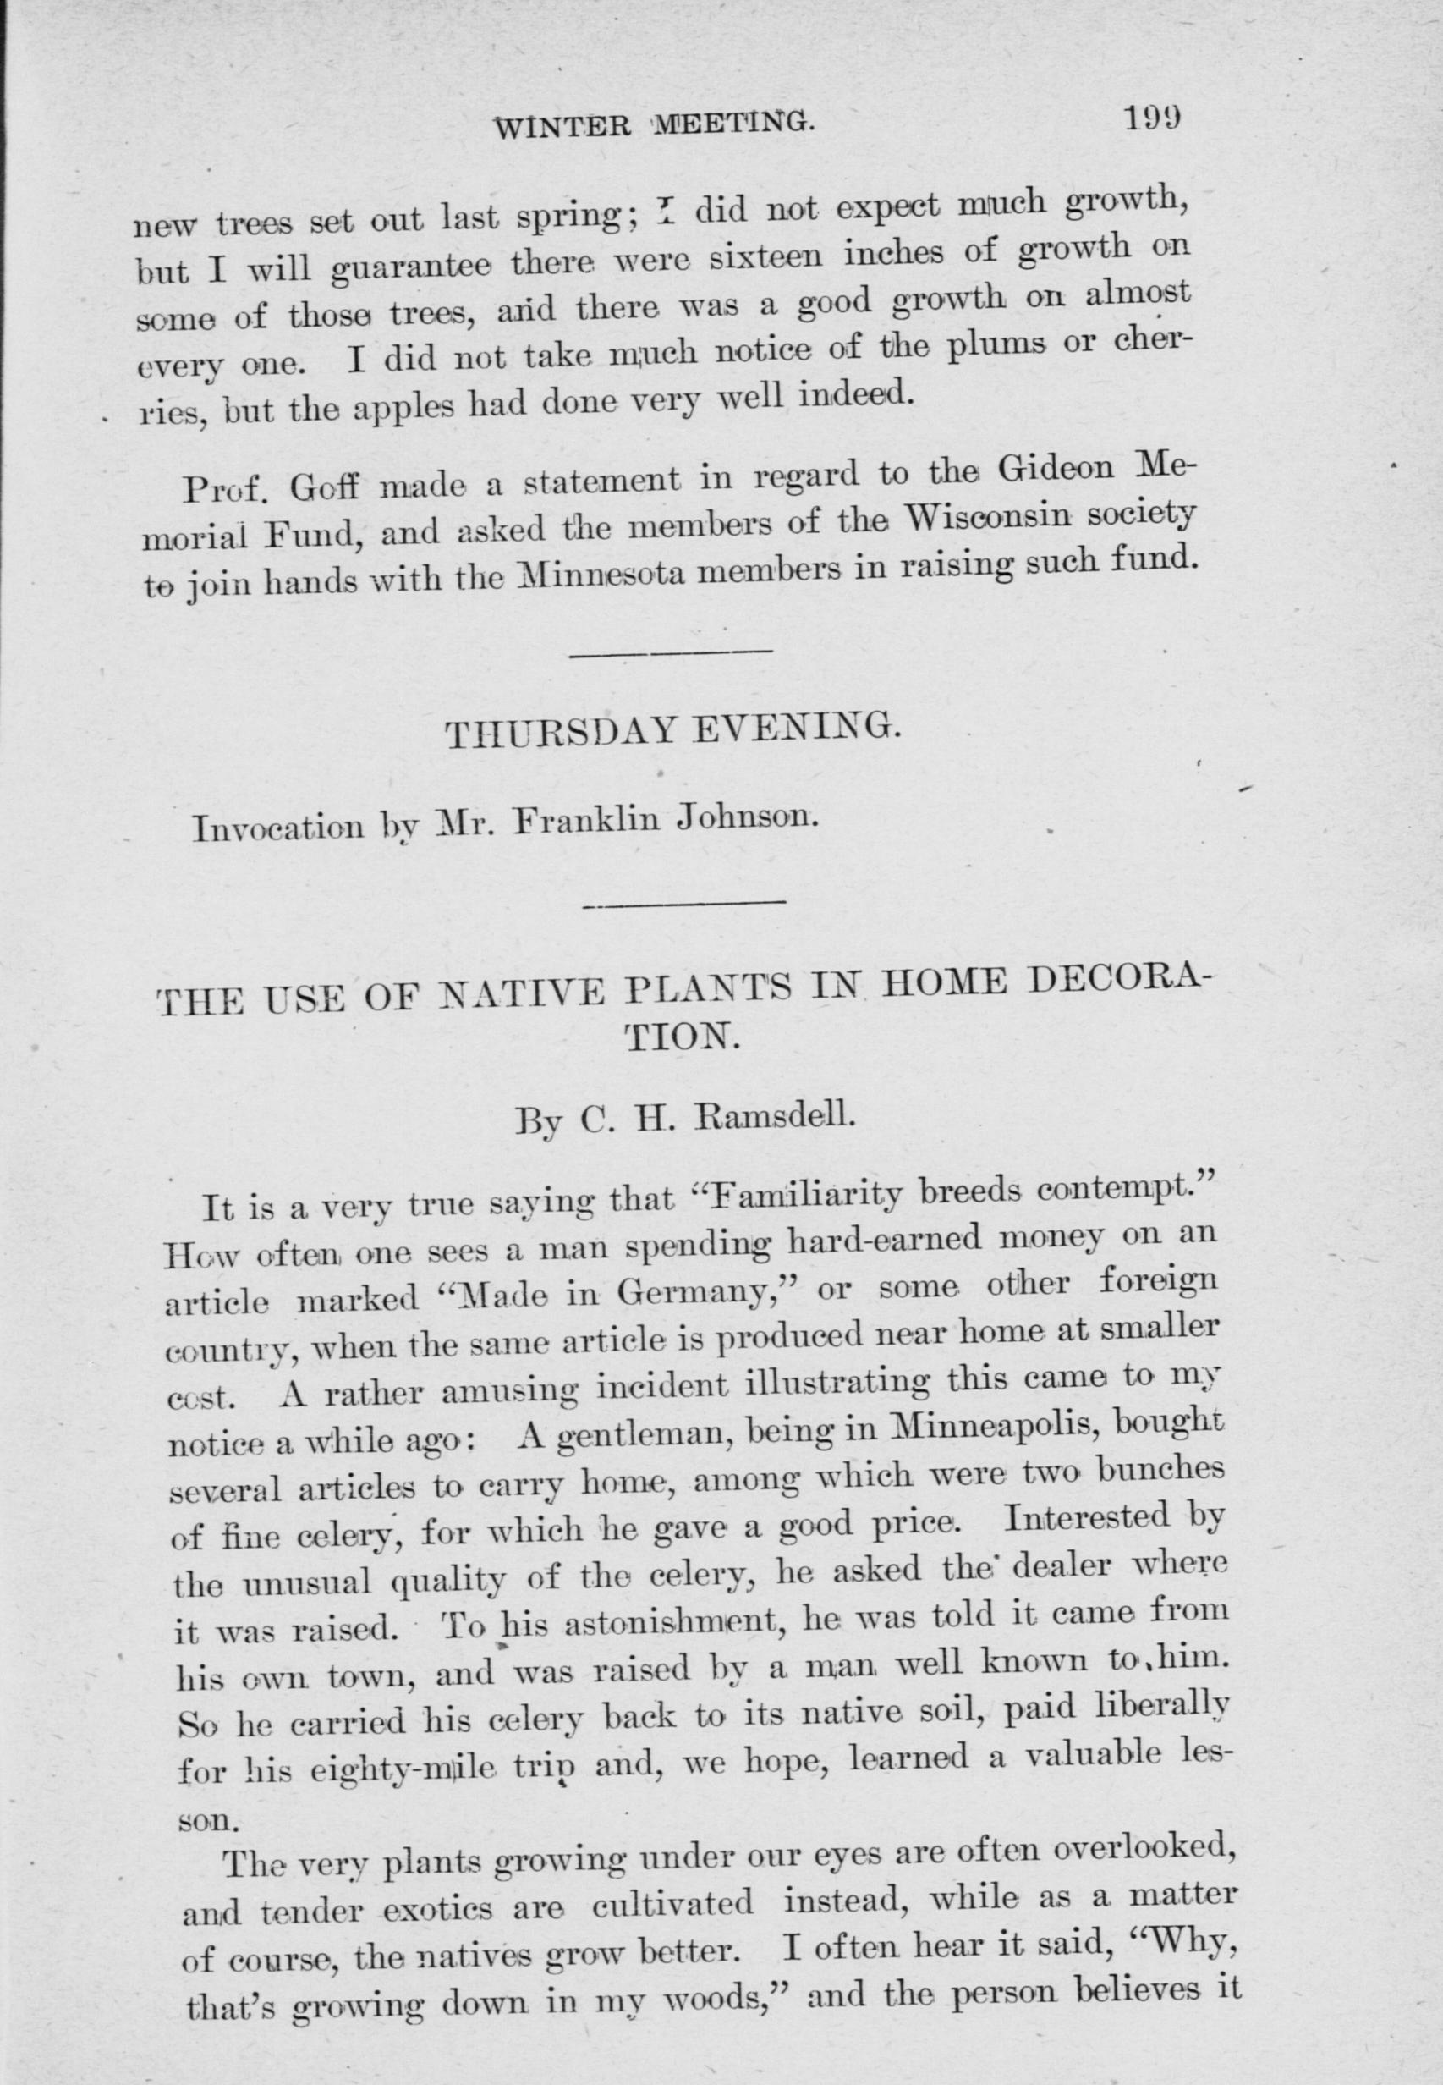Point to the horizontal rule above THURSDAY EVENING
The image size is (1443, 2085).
coord(671,652)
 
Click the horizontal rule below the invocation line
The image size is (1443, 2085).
coord(684,901)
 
